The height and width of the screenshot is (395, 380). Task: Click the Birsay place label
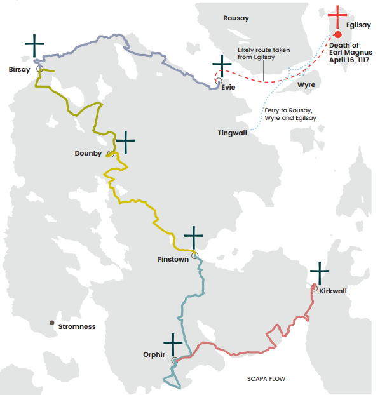click(x=19, y=69)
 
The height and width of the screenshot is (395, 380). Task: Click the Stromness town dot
click(x=52, y=323)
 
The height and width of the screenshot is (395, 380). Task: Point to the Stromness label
click(x=76, y=326)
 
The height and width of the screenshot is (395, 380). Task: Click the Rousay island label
click(x=236, y=18)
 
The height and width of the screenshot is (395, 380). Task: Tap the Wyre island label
click(x=306, y=84)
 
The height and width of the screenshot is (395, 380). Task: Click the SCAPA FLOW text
click(x=266, y=379)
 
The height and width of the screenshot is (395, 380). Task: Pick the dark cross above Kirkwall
click(x=320, y=273)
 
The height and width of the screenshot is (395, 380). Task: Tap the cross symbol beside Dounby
click(x=126, y=142)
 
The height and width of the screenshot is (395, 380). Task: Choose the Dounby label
click(x=88, y=153)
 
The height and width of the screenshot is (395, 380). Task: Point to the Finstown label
click(x=173, y=259)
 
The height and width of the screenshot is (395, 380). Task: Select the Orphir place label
click(x=156, y=355)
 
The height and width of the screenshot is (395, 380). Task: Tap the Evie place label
click(x=229, y=88)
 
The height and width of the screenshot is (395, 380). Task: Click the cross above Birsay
click(x=35, y=46)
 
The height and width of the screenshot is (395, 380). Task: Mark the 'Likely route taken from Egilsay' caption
click(x=261, y=53)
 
